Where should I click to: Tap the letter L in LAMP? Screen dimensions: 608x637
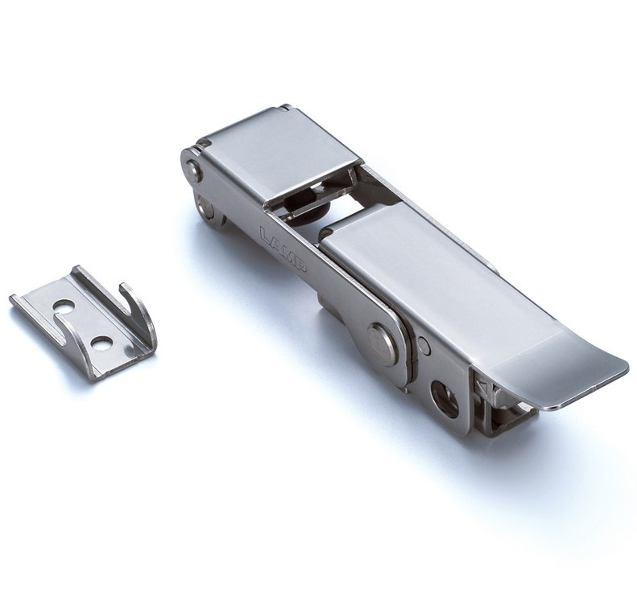coord(265,235)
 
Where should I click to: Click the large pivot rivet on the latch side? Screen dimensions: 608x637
coord(382,343)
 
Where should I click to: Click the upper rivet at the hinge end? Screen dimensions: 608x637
coord(194,170)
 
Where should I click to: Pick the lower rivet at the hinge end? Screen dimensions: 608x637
coord(206,210)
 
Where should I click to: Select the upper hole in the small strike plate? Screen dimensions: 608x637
coord(63,306)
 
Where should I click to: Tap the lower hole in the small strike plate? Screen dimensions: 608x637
coord(101,343)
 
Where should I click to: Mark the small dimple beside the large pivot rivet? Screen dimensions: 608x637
coord(424,346)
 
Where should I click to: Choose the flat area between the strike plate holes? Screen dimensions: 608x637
coord(82,325)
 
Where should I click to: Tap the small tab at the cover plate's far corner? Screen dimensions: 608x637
coord(286,107)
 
